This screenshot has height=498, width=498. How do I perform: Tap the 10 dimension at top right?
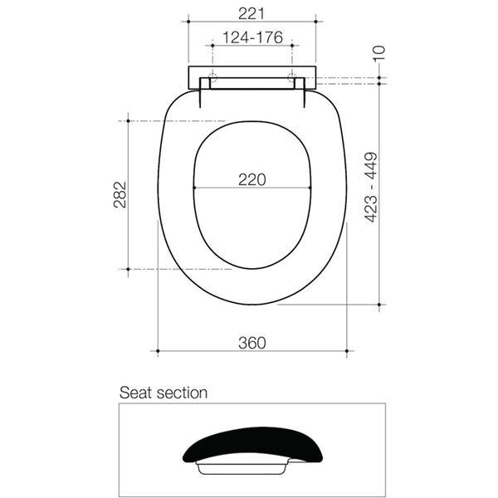[380, 52]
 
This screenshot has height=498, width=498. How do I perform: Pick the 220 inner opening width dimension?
[251, 179]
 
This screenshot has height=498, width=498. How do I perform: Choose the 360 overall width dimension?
[251, 343]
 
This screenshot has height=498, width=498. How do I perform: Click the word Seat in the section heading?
[136, 393]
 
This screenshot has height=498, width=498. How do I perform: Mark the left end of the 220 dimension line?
[193, 189]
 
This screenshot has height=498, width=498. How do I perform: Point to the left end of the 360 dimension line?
[157, 352]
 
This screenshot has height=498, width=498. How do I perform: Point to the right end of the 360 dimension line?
[347, 352]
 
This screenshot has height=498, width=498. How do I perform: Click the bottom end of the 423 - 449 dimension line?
[380, 305]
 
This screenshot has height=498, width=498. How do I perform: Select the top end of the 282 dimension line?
[127, 121]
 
